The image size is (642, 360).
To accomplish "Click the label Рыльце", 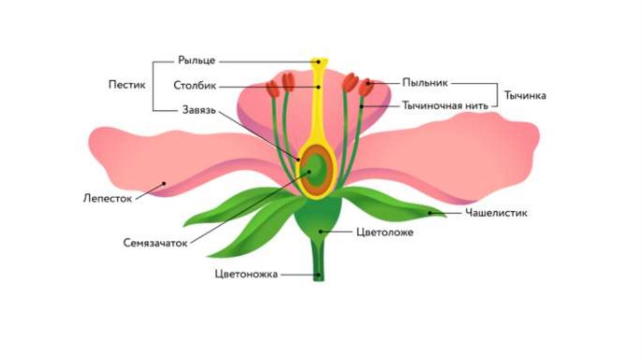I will [196, 60].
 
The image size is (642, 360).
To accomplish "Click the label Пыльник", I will [425, 82].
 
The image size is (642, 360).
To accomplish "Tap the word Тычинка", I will [525, 95].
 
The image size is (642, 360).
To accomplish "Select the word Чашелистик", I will [496, 213].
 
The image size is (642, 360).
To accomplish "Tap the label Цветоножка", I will [246, 274].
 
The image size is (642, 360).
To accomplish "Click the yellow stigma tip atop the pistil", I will [319, 61].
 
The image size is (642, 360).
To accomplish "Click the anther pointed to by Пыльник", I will [366, 87].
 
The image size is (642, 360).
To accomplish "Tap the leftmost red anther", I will [273, 89].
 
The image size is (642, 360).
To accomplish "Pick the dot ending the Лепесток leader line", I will [164, 184].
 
